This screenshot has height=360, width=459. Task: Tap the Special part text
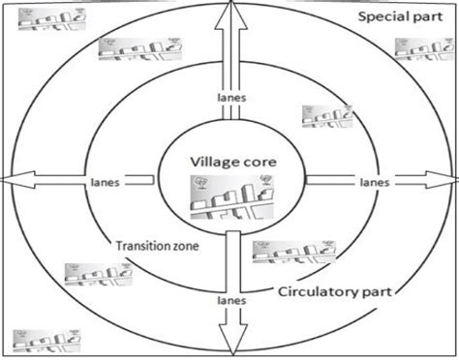pos(400,18)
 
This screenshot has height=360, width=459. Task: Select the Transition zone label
pos(156,246)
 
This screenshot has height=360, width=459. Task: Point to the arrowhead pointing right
pos(447,181)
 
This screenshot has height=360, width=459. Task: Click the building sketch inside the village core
pos(229,202)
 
